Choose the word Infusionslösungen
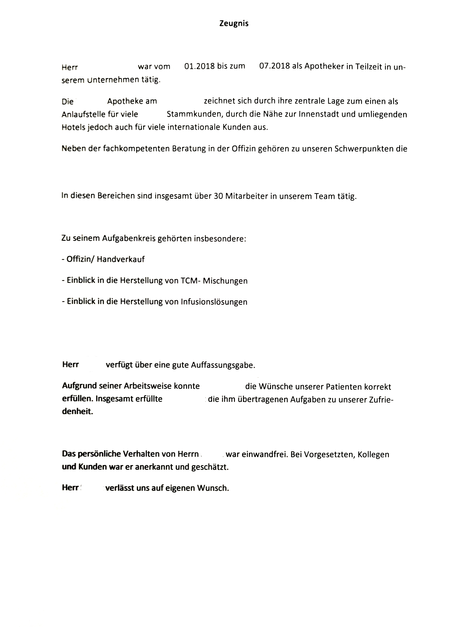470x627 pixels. click(x=214, y=302)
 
